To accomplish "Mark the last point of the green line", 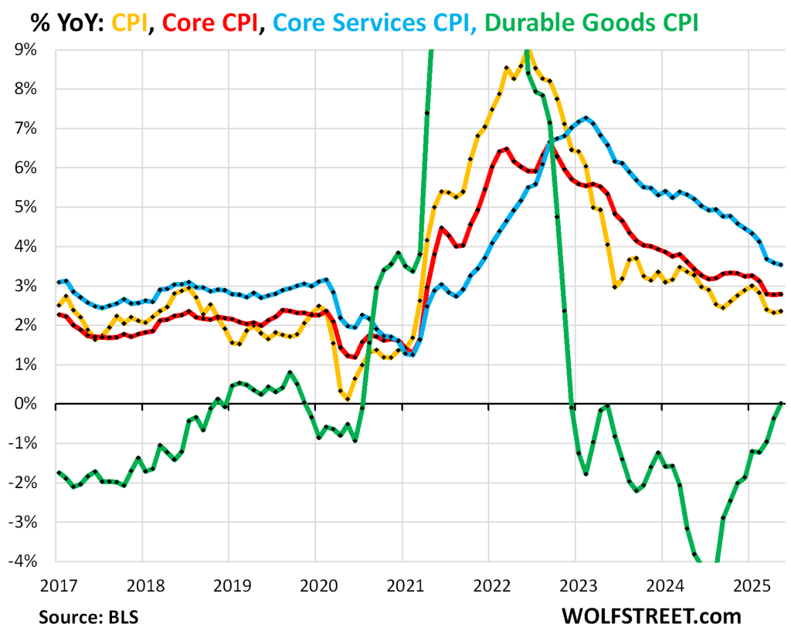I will (x=782, y=403).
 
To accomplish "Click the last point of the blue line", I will (x=782, y=265).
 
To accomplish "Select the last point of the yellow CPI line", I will (x=782, y=311).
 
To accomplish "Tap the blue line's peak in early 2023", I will (x=587, y=118).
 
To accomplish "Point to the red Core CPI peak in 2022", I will (x=506, y=148).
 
